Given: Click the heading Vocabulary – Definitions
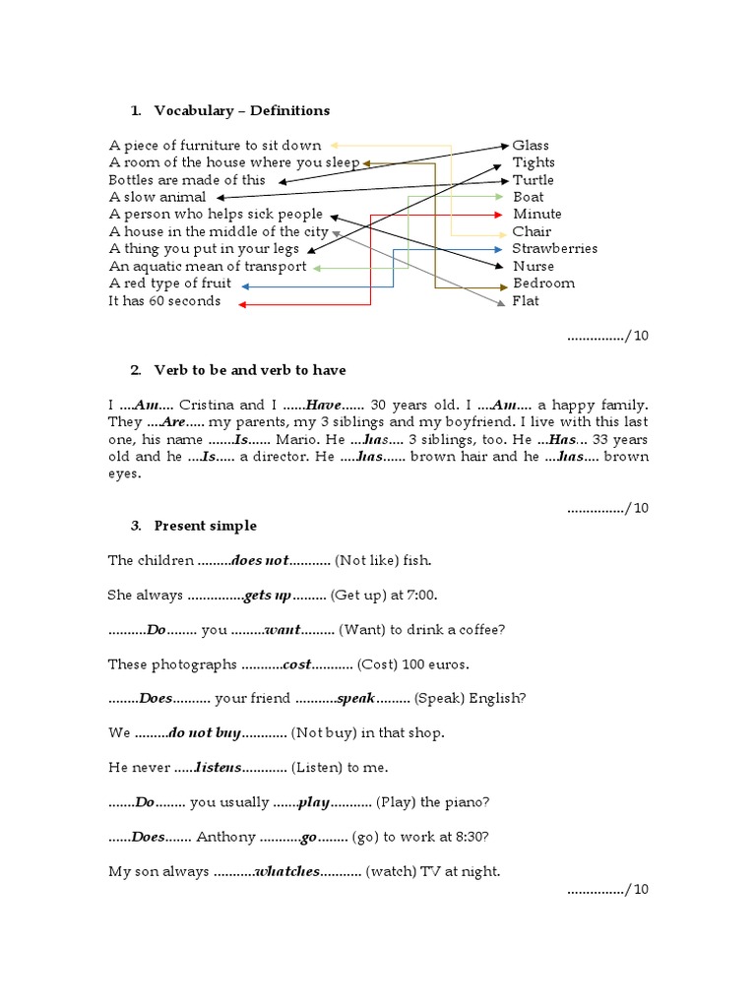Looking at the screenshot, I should (241, 110).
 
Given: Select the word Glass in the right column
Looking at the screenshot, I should (531, 145).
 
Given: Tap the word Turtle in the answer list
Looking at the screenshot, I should (533, 180).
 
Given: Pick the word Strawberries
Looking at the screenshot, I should (554, 249).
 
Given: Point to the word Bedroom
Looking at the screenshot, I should (543, 283).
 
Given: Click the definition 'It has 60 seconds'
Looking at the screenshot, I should (164, 301).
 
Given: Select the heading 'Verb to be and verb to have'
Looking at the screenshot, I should (249, 370).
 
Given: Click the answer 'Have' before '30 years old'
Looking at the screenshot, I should (323, 405).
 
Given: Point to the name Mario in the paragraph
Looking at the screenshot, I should (296, 439).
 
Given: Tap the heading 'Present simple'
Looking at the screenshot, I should (205, 526).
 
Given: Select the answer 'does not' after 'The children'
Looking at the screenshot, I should (260, 561).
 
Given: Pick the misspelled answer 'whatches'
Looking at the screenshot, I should (287, 871).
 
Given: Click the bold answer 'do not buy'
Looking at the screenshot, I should (205, 733).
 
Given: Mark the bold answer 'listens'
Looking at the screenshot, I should (217, 768).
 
